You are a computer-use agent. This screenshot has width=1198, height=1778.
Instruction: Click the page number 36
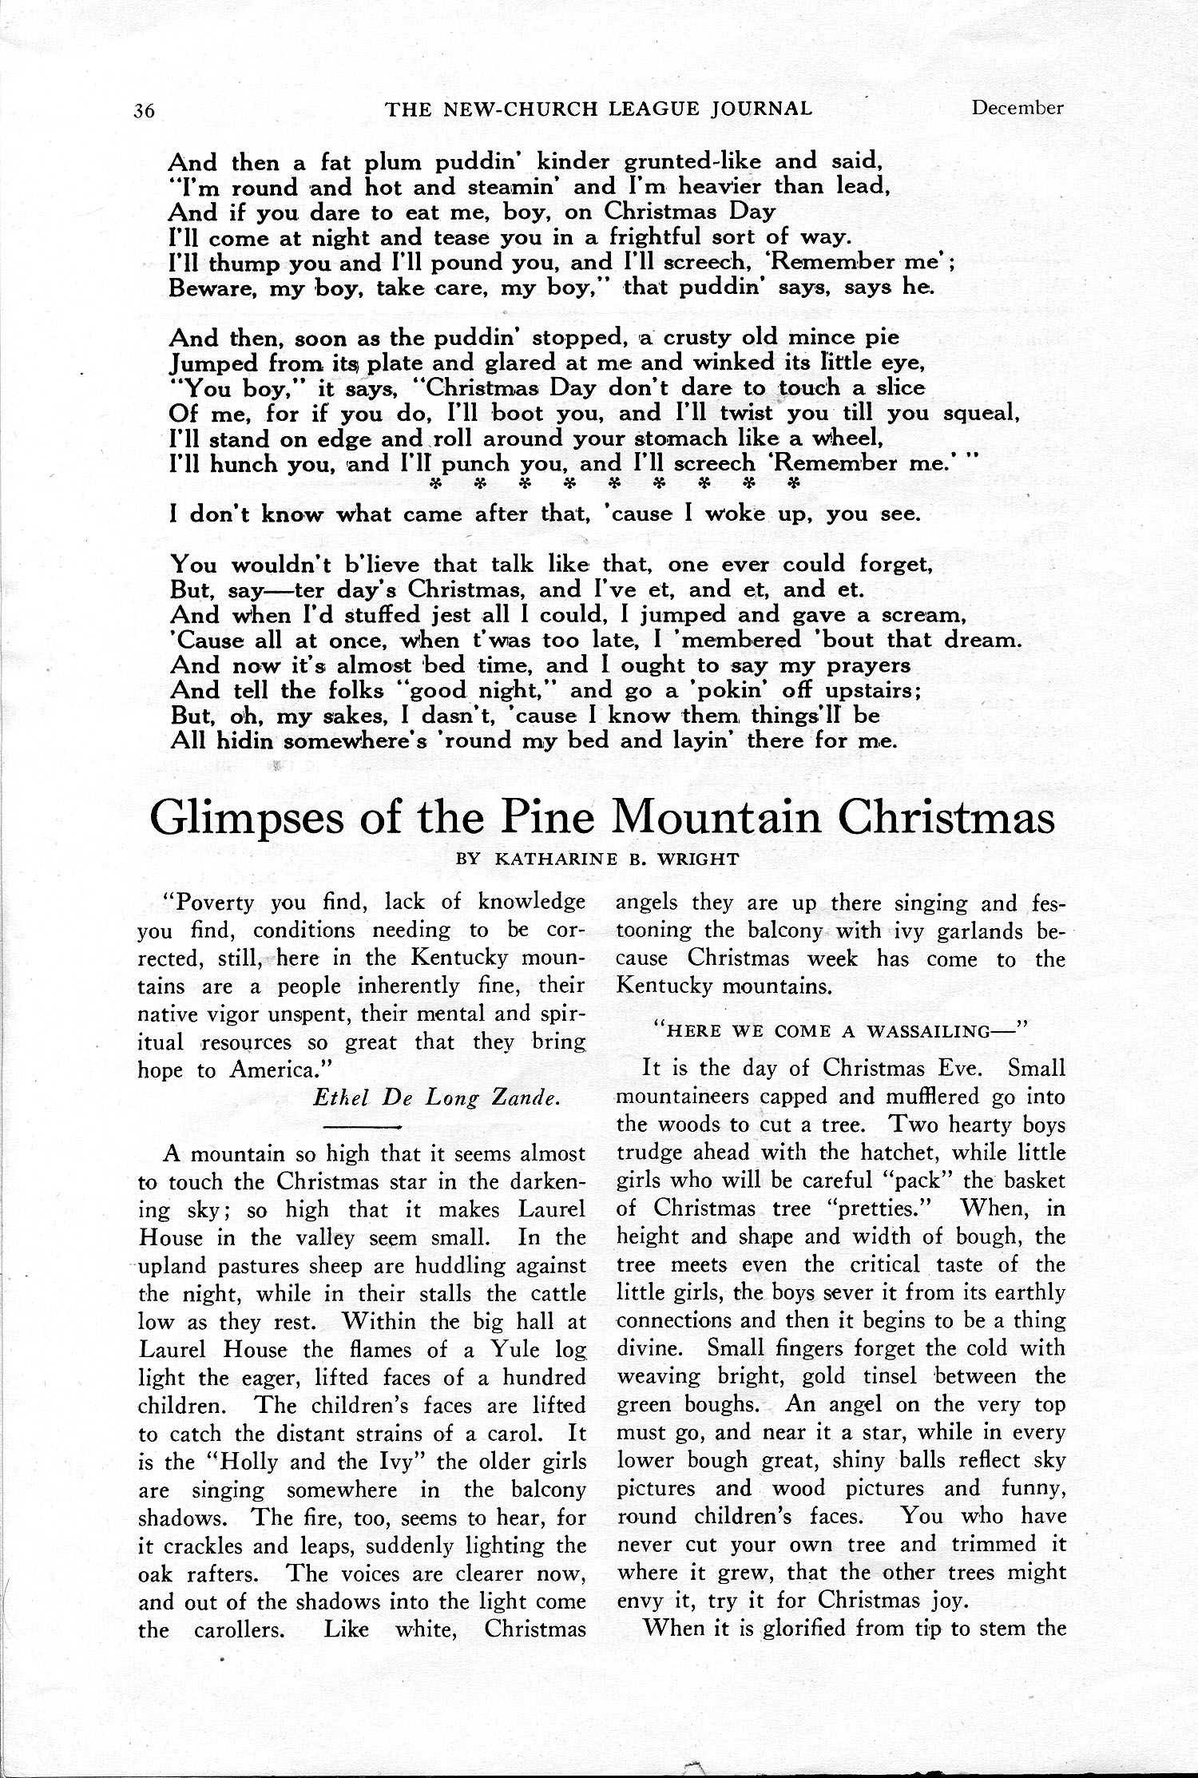[x=144, y=110]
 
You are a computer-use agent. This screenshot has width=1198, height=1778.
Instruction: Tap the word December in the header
[x=1017, y=107]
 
